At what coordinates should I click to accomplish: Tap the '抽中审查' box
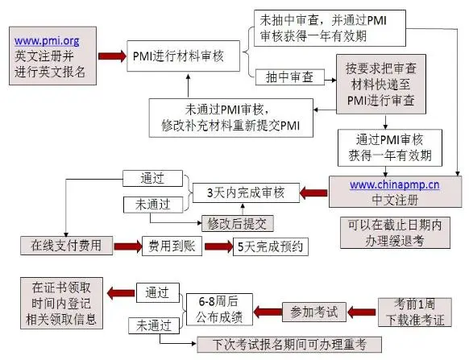(290, 77)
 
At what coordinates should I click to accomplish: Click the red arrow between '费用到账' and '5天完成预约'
(215, 245)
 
